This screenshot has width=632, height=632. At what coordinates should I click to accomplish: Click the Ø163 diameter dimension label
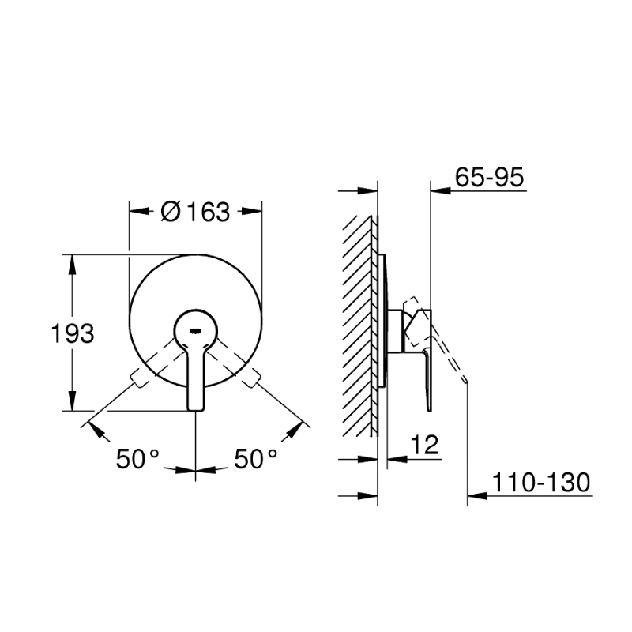click(x=195, y=211)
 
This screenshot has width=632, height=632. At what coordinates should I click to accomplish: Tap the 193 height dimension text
click(x=73, y=333)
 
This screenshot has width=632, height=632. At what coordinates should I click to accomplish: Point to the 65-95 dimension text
click(x=489, y=176)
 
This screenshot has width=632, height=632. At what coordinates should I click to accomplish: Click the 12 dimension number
click(x=424, y=445)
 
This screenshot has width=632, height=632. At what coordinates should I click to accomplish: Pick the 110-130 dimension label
click(x=541, y=482)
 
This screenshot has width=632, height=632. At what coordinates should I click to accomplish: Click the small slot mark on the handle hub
click(x=195, y=331)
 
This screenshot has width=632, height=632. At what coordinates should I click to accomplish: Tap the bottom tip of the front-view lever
click(x=196, y=410)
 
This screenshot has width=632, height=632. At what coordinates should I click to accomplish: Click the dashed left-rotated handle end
click(x=137, y=380)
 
